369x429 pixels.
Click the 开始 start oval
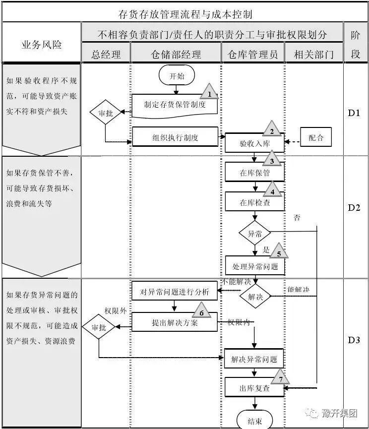[177, 76]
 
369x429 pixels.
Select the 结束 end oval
[254, 421]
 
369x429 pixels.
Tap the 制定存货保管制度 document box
[175, 105]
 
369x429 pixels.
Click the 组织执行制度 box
[175, 137]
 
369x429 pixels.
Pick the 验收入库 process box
[254, 144]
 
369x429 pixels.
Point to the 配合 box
[315, 137]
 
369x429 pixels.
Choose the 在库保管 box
[254, 173]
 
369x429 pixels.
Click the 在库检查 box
[254, 202]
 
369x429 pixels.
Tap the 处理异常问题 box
[255, 266]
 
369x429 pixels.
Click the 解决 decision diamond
[254, 297]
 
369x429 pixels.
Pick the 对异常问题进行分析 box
[175, 291]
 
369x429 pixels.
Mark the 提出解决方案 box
[175, 322]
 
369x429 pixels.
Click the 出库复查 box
[254, 388]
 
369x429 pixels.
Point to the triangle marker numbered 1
[209, 92]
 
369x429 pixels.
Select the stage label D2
[354, 207]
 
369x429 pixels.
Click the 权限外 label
[115, 310]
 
